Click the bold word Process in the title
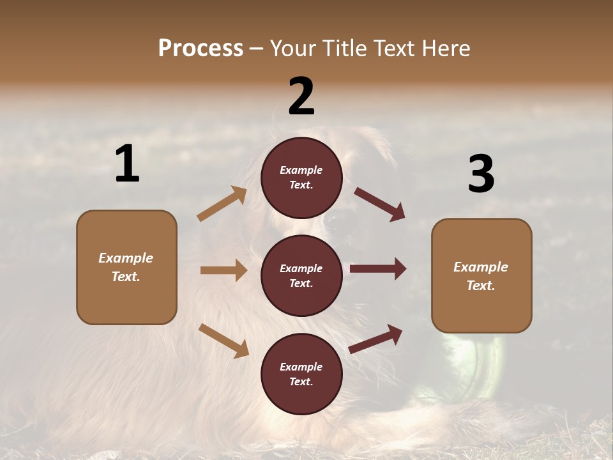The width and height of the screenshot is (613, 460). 201,49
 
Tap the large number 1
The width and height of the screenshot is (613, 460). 127,164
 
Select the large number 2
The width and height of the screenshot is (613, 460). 301,96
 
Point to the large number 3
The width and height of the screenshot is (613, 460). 481,174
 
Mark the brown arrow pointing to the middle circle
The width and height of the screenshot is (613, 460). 223,270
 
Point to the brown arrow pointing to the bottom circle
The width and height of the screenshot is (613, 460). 224,341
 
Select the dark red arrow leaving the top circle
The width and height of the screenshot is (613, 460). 379,204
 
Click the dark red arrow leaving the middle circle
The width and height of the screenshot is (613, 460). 377,269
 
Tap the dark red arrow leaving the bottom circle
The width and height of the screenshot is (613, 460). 375,339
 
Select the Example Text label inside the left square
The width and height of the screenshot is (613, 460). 126,267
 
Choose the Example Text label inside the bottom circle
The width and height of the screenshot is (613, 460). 301,374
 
